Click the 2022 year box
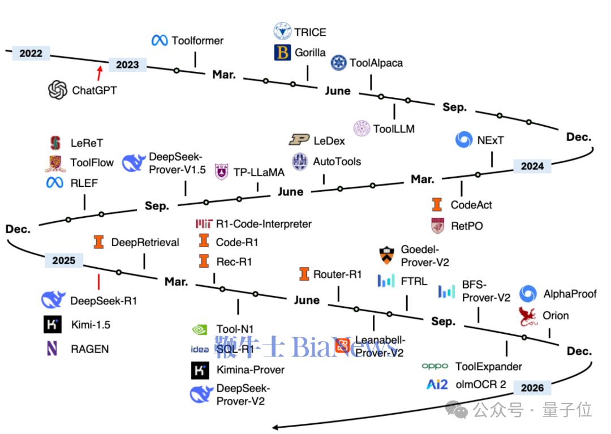click(x=31, y=53)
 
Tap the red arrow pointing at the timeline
click(x=100, y=72)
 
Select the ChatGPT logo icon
click(x=58, y=90)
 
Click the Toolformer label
click(x=197, y=41)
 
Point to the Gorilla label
click(x=310, y=53)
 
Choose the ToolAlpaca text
click(x=376, y=63)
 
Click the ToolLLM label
click(x=394, y=128)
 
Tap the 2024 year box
click(x=532, y=166)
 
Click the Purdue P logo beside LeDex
click(x=299, y=140)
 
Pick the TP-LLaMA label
click(x=259, y=172)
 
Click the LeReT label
click(x=87, y=143)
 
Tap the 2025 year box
click(x=63, y=260)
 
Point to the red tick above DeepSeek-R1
click(x=98, y=281)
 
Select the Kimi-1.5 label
click(x=90, y=325)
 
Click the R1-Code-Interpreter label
click(x=264, y=224)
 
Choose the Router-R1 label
click(x=337, y=274)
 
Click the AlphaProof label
click(x=570, y=294)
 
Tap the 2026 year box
click(x=532, y=388)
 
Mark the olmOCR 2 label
click(x=481, y=385)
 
